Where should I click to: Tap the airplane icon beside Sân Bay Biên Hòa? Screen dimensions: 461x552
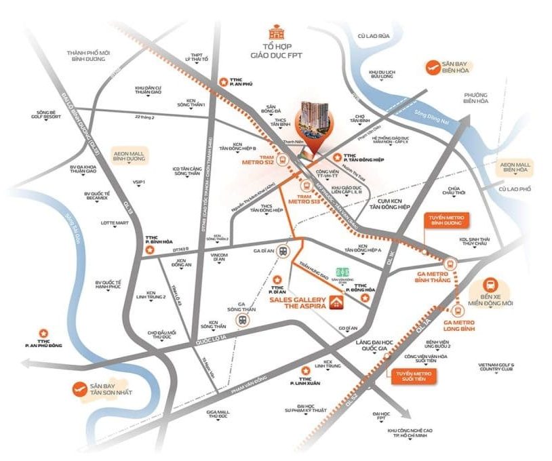(431, 66)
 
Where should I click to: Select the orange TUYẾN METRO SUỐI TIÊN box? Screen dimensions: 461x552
(412, 374)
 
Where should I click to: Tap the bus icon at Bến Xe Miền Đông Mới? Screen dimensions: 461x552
(492, 287)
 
